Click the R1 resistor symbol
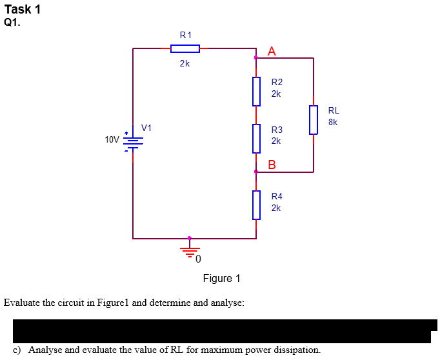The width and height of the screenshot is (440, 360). tap(185, 48)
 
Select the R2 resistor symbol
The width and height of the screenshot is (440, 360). tap(256, 91)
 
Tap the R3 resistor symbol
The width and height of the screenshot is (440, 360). tap(256, 139)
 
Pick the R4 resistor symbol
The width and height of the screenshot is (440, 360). tap(256, 205)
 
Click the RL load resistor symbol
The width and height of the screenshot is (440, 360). tap(314, 119)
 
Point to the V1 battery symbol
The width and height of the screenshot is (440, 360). tap(133, 141)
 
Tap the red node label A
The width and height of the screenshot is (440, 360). tap(272, 52)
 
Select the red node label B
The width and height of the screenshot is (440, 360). tap(272, 164)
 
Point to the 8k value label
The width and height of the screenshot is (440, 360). tap(333, 122)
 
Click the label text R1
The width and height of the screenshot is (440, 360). tap(185, 34)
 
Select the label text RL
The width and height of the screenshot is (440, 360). tap(334, 110)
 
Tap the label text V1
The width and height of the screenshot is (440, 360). tap(147, 128)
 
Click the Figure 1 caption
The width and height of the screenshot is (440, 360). tap(221, 279)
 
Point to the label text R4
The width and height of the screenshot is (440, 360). tap(277, 196)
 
